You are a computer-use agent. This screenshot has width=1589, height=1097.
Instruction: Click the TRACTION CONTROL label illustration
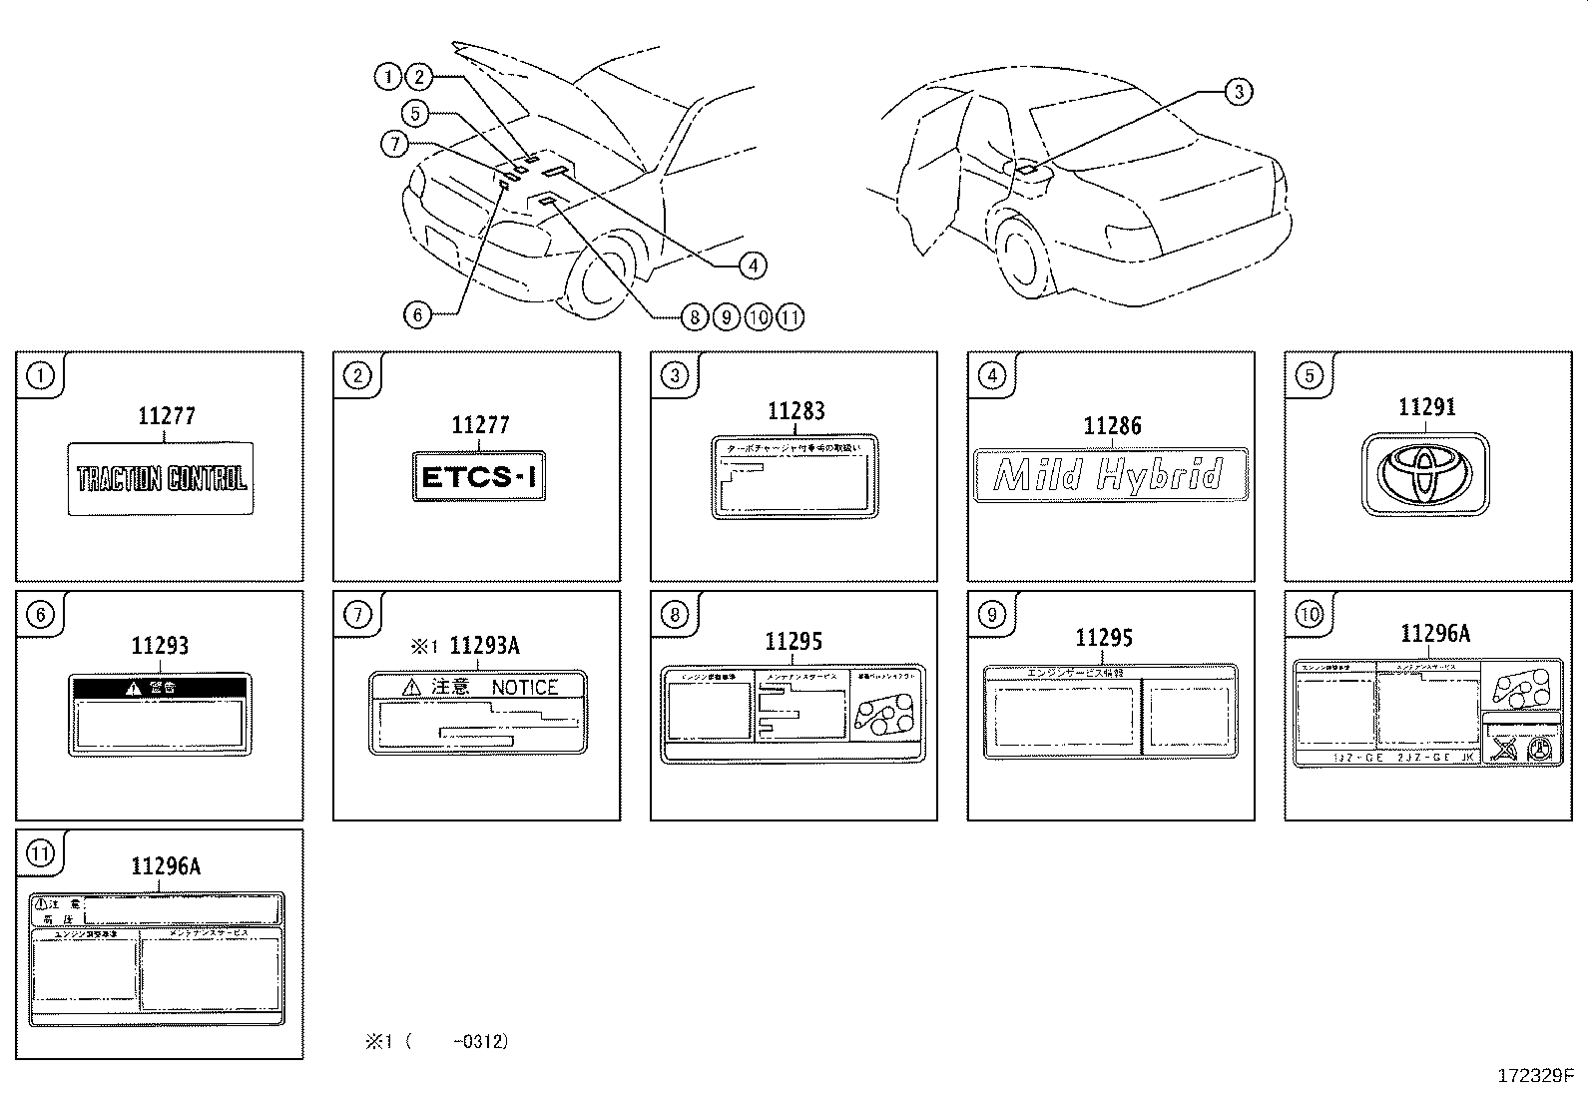[x=160, y=479]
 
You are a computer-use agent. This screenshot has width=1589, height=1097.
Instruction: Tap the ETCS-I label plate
[x=479, y=476]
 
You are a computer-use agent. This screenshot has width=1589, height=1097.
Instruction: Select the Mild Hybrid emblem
[x=1110, y=474]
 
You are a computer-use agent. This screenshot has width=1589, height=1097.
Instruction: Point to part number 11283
[x=795, y=411]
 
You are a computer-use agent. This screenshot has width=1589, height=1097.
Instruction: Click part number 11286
[x=1112, y=426]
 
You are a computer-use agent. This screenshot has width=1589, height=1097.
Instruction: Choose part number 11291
[x=1426, y=407]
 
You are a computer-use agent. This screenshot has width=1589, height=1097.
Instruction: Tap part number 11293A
[x=484, y=646]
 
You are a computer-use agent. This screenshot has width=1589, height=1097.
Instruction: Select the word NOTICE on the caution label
[x=524, y=687]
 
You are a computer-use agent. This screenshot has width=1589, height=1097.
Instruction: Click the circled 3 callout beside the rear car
[x=1238, y=92]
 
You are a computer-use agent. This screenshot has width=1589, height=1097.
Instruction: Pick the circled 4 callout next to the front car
[x=753, y=265]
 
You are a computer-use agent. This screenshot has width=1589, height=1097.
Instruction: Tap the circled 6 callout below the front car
[x=417, y=315]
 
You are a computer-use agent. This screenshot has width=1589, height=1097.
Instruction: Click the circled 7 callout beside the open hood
[x=395, y=145]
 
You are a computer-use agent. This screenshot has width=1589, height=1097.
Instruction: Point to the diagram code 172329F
[x=1534, y=1076]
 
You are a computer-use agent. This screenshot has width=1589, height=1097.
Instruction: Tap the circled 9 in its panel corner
[x=991, y=614]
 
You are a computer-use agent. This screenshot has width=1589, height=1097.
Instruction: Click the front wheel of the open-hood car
[x=599, y=277]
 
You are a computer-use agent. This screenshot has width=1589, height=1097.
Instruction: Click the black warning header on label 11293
[x=160, y=687]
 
